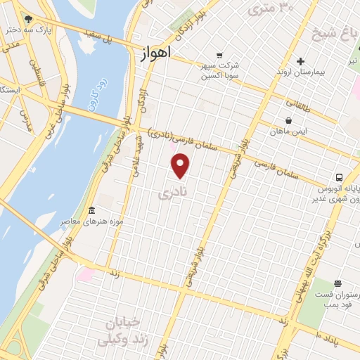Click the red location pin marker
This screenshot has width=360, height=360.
pyautogui.click(x=181, y=166)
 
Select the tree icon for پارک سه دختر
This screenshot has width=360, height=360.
pyautogui.click(x=27, y=19)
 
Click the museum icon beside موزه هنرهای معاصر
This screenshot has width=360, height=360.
pyautogui.click(x=92, y=211)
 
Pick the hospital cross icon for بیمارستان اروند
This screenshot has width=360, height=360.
pyautogui.click(x=300, y=61)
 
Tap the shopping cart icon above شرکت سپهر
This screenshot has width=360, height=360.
pyautogui.click(x=219, y=55)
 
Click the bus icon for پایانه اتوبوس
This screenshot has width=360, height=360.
pyautogui.click(x=340, y=177)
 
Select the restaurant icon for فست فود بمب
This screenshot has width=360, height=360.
pyautogui.click(x=338, y=283)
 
